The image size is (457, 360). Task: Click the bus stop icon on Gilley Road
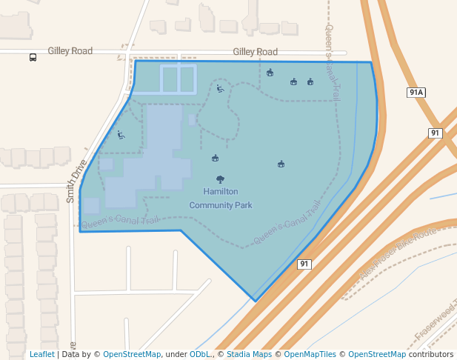(33, 57)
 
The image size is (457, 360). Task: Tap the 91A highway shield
(416, 93)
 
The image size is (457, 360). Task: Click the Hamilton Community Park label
(221, 198)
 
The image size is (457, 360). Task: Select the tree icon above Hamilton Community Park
(220, 179)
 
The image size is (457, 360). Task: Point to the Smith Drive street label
(76, 181)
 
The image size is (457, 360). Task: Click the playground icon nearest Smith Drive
(121, 135)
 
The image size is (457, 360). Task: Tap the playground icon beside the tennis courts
(220, 89)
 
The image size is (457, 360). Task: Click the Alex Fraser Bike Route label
(398, 254)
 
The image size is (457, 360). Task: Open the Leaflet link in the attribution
(42, 354)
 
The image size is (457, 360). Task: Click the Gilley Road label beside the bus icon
(70, 51)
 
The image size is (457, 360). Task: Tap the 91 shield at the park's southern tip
(304, 264)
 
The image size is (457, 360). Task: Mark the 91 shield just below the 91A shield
(435, 133)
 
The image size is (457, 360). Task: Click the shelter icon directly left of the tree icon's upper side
(215, 157)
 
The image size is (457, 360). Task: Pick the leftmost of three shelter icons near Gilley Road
(270, 73)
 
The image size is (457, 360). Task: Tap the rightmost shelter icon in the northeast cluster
(310, 81)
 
